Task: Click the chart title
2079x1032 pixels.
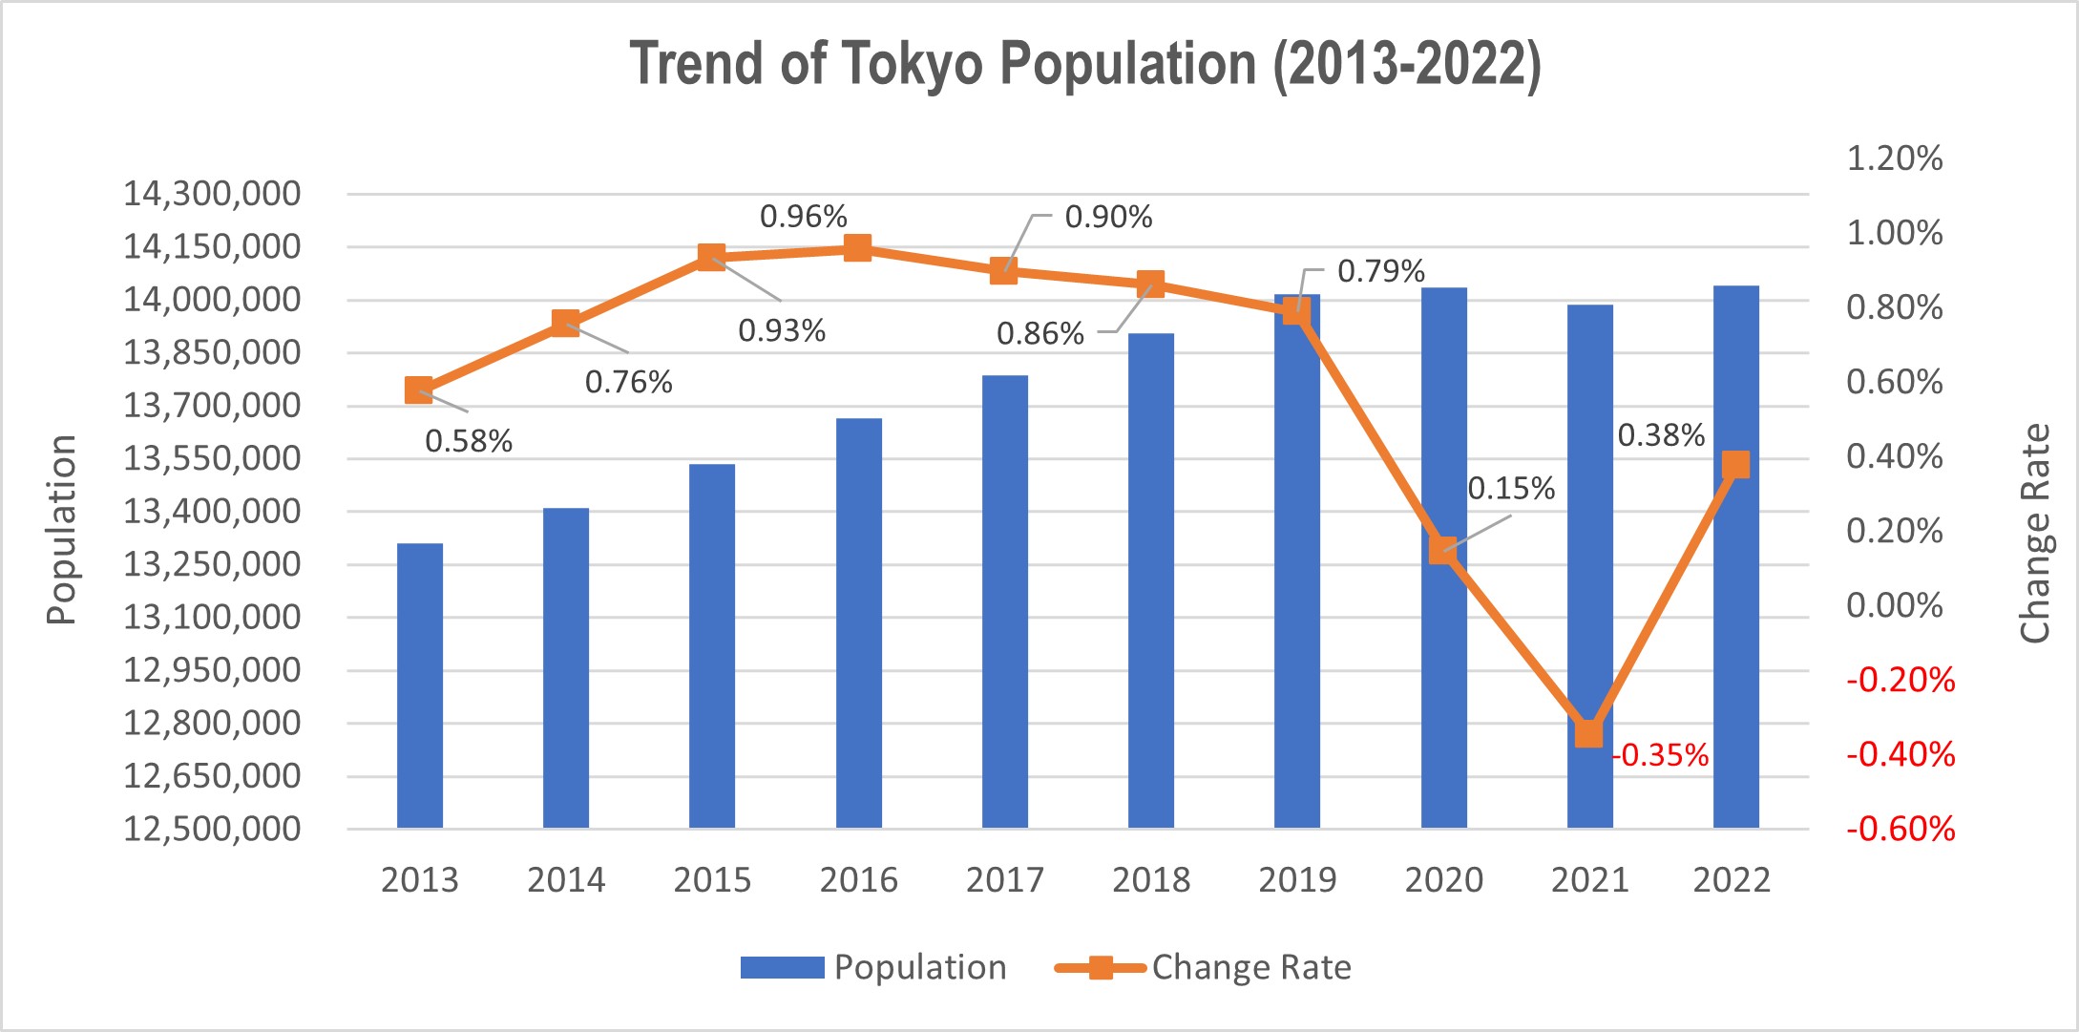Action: click(x=1085, y=65)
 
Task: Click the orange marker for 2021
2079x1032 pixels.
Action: click(x=1589, y=733)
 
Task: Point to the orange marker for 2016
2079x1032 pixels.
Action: click(x=858, y=248)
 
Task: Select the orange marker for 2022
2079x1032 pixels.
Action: click(x=1735, y=465)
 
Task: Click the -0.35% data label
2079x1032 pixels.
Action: click(x=1661, y=755)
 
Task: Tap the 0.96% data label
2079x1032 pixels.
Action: click(x=803, y=217)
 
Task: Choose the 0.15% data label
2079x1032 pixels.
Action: click(x=1510, y=489)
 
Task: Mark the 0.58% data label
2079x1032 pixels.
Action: click(x=468, y=441)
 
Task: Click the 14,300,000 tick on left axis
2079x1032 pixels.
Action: click(x=211, y=194)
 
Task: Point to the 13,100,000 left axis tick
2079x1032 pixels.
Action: click(x=211, y=618)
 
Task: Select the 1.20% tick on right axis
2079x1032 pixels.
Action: click(x=1894, y=158)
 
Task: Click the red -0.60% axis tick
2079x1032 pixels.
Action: click(x=1900, y=829)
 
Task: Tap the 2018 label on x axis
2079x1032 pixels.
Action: click(x=1150, y=879)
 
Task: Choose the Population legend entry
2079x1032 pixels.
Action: click(x=873, y=967)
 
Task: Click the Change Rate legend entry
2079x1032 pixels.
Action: click(x=1204, y=967)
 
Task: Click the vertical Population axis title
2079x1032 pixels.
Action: click(x=61, y=530)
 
